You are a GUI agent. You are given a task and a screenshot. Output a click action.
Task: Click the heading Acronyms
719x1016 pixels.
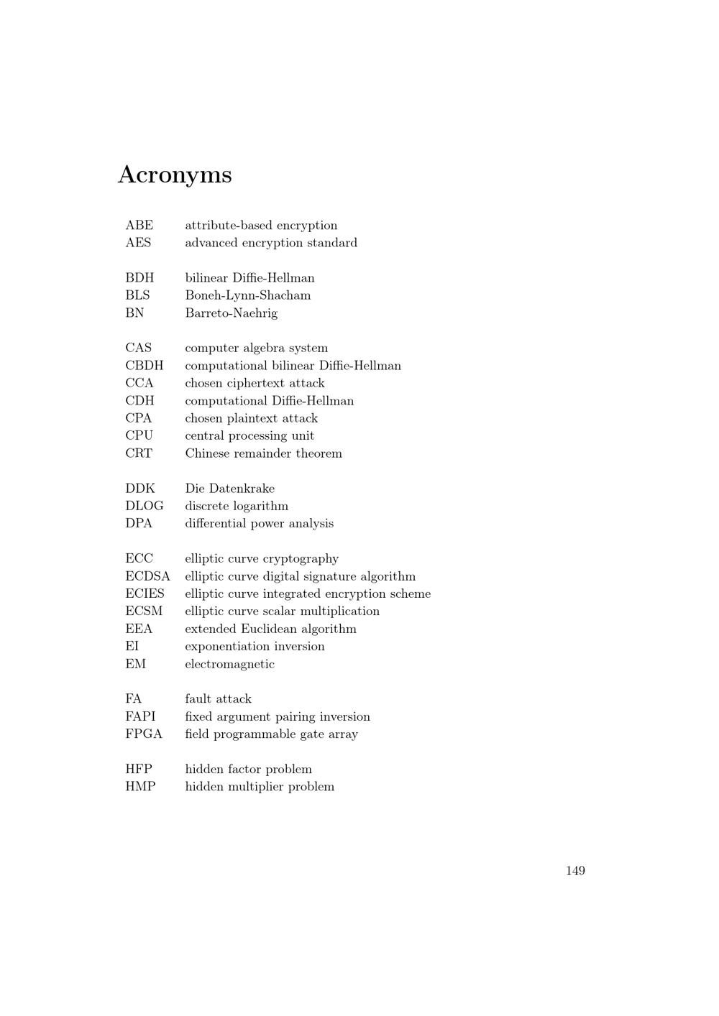point(175,175)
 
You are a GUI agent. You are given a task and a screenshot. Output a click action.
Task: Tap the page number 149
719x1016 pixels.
point(575,871)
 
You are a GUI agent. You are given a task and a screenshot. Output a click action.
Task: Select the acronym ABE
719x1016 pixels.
point(139,226)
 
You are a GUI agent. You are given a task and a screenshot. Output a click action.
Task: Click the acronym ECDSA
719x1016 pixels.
point(147,576)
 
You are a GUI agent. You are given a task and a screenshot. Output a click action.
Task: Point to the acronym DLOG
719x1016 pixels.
point(144,506)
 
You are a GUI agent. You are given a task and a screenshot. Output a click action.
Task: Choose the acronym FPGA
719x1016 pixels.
point(144,734)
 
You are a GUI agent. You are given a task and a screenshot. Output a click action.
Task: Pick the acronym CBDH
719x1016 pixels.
point(144,366)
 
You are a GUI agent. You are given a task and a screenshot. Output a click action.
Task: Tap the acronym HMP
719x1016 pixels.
point(140,786)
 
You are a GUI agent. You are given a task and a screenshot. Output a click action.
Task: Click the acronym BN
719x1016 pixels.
point(134,313)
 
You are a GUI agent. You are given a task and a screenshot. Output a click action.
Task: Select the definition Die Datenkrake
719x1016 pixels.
point(229,489)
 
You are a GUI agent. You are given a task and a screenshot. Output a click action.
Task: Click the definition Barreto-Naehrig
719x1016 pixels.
point(231,313)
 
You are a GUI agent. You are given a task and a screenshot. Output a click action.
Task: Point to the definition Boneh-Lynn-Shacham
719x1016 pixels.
point(247,295)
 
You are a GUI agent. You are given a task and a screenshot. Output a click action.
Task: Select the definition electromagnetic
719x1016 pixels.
point(229,664)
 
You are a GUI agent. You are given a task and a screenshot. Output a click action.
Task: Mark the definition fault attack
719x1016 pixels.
point(218,698)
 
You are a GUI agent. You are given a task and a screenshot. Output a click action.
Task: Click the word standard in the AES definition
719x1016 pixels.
point(332,243)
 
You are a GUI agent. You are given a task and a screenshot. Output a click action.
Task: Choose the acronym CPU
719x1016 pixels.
point(139,435)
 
